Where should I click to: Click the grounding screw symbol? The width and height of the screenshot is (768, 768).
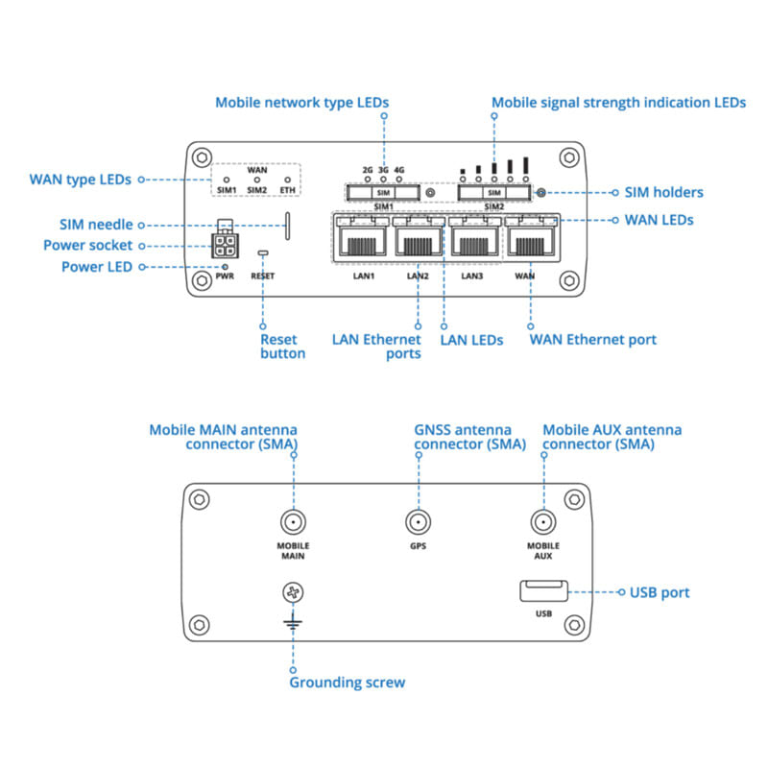point(292,593)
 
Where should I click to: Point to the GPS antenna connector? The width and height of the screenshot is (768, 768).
point(418,523)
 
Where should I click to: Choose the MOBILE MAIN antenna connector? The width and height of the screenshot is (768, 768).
point(293,523)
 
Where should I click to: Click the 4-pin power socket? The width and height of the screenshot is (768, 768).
point(223,244)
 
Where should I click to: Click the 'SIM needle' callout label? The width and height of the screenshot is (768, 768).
point(96,225)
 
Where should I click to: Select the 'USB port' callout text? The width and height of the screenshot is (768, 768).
point(660,592)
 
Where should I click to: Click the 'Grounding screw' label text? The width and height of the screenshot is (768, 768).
point(347,683)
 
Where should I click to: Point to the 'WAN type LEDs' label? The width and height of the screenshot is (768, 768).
point(81,179)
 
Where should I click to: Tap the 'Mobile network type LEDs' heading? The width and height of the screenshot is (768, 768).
point(301,102)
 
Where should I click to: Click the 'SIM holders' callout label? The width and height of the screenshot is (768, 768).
point(663,192)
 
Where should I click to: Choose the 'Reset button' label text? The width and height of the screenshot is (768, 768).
point(282,346)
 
